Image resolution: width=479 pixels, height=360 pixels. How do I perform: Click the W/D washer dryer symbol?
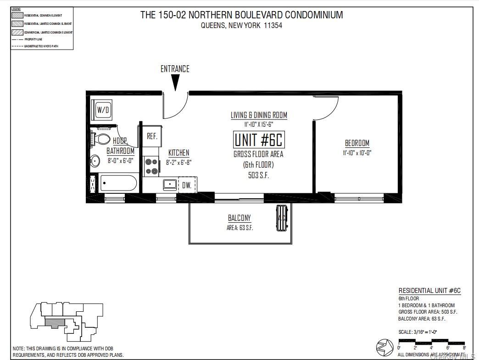[x=103, y=110]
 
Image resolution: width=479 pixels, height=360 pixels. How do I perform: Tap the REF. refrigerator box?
[x=152, y=136]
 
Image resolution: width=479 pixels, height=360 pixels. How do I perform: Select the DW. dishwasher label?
[x=187, y=185]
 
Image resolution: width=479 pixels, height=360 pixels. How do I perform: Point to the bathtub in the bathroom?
[x=118, y=184]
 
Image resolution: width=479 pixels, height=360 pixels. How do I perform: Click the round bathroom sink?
[x=95, y=161]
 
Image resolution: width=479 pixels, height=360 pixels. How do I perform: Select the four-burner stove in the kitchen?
[x=151, y=166]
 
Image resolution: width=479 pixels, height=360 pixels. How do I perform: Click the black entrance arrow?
[x=175, y=83]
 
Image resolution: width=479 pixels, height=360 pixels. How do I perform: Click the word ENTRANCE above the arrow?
[x=175, y=69]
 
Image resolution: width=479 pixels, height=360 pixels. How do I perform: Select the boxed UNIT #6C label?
[x=258, y=140]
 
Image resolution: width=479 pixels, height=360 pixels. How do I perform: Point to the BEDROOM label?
[x=357, y=143]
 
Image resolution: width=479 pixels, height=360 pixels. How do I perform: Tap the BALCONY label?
[x=239, y=218]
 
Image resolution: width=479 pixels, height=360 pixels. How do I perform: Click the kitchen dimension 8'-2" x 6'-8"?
[x=178, y=162]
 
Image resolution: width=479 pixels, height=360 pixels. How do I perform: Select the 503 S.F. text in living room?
[x=259, y=175]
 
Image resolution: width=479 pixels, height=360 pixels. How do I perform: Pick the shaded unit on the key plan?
[x=55, y=323]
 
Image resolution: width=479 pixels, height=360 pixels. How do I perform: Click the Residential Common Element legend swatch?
[x=17, y=15]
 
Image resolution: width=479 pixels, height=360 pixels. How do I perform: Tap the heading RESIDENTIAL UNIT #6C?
[x=429, y=291]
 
